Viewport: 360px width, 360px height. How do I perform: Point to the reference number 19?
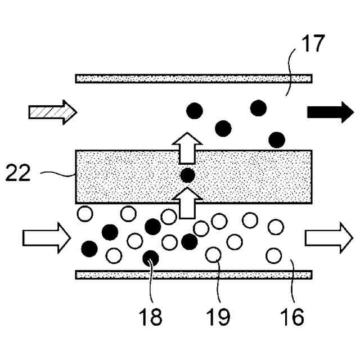[217, 317]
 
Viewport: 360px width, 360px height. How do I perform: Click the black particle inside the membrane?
[187, 175]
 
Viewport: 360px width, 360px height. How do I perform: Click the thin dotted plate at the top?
[194, 78]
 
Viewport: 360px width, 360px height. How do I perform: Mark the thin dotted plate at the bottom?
[194, 274]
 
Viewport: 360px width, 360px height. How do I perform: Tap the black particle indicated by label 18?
[150, 258]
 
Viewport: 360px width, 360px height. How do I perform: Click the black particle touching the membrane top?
[276, 139]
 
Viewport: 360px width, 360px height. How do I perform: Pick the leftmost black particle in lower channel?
[89, 247]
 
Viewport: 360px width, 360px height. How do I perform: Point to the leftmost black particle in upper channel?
[195, 111]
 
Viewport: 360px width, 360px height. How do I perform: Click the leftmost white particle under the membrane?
[84, 214]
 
